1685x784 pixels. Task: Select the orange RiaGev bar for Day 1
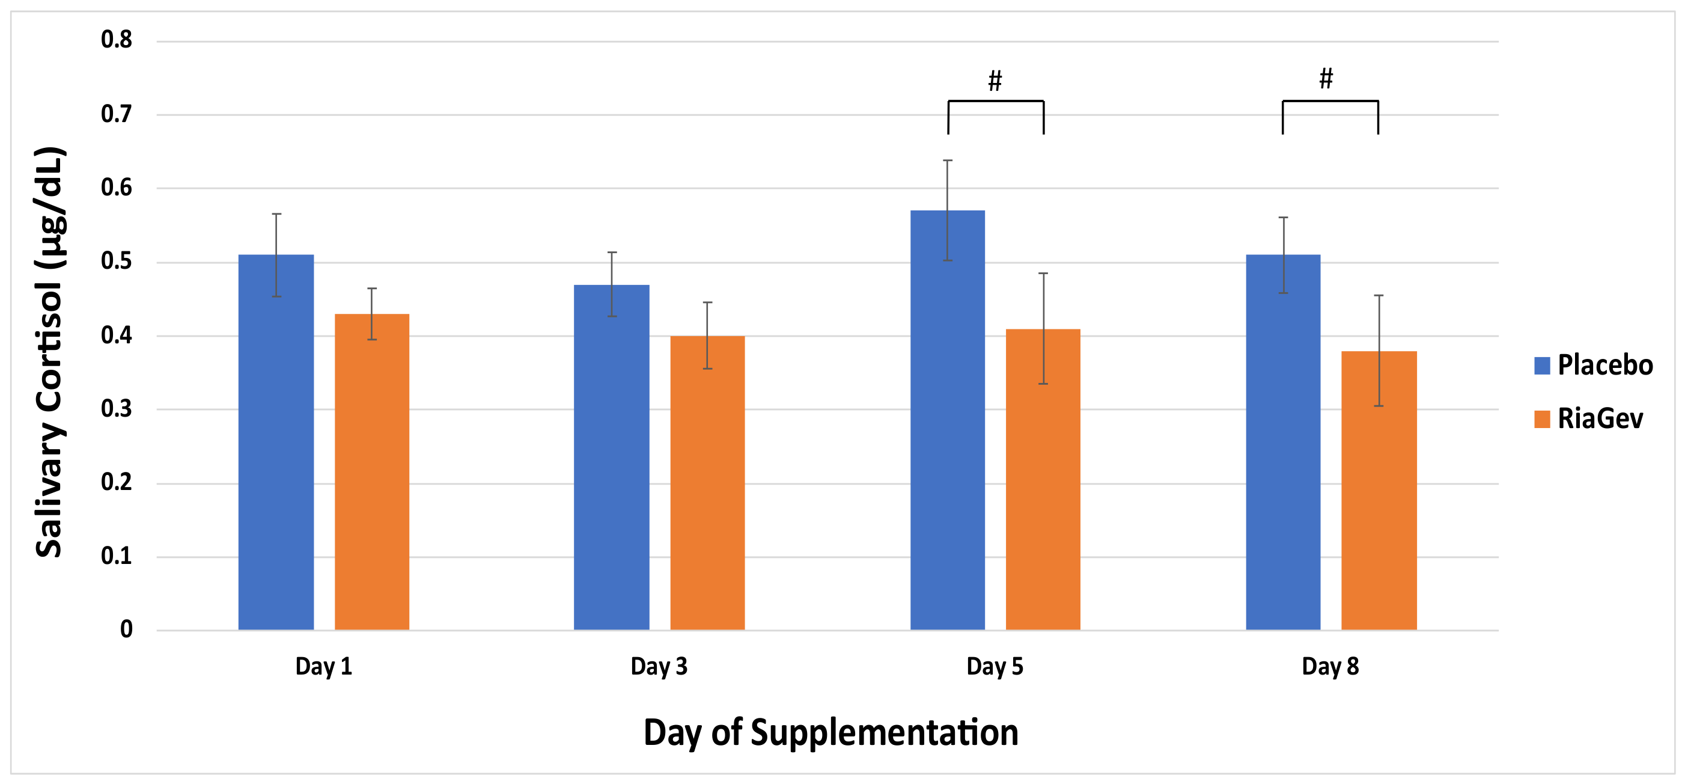coord(371,472)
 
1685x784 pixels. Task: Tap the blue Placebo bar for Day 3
coord(612,458)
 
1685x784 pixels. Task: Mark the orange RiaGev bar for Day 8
coord(1379,491)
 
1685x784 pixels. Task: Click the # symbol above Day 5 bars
coord(995,81)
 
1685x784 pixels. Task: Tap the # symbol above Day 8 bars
coord(1326,79)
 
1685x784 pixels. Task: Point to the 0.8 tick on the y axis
coord(117,40)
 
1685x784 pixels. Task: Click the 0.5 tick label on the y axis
coord(117,262)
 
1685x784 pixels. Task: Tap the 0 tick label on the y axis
coord(126,629)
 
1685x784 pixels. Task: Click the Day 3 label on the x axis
coord(659,667)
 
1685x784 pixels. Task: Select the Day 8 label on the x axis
coord(1330,667)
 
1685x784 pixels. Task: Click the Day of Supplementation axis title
coord(830,732)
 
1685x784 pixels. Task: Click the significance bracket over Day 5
coord(996,102)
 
